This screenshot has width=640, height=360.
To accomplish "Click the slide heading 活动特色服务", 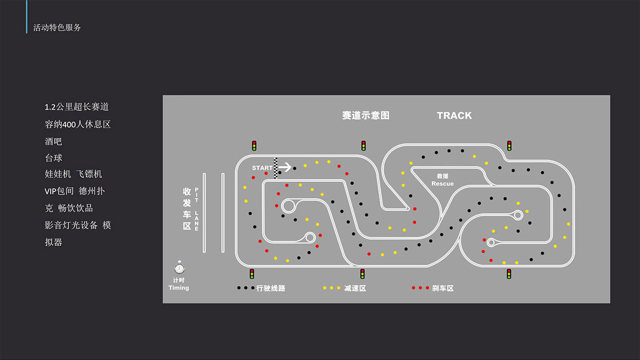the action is pos(57,27).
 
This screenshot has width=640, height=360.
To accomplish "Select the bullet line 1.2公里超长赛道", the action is pos(77,107).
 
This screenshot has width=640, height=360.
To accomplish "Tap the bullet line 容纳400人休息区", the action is pos(77,124).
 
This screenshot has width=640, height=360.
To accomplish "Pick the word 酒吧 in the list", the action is pos(53,141).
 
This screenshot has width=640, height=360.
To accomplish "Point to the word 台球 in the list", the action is pos(53,158).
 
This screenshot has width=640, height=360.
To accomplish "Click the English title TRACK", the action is pos(454,115).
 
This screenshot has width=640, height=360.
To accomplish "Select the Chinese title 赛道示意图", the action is pos(366,115).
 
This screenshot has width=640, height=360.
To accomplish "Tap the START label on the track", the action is pos(262,168).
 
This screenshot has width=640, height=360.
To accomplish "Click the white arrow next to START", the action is pos(285,167).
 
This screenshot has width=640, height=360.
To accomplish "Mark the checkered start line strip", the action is pos(276,168).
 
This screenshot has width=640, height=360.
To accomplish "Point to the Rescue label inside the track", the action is pos(442,183).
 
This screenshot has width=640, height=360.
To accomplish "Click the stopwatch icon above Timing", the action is pos(179,267).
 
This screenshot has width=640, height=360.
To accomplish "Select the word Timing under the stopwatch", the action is pos(179,287).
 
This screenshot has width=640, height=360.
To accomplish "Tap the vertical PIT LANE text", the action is pos(197,209).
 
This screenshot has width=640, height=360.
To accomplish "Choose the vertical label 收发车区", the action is pos(187,209).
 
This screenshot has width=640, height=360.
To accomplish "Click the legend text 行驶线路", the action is pos(270,288).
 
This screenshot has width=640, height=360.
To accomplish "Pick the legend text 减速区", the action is pos(355,288).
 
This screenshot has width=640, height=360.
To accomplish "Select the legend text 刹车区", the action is pos(443,288).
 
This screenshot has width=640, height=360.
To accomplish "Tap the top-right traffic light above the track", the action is pos(509,146).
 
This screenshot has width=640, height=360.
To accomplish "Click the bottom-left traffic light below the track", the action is pos(252,274).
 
